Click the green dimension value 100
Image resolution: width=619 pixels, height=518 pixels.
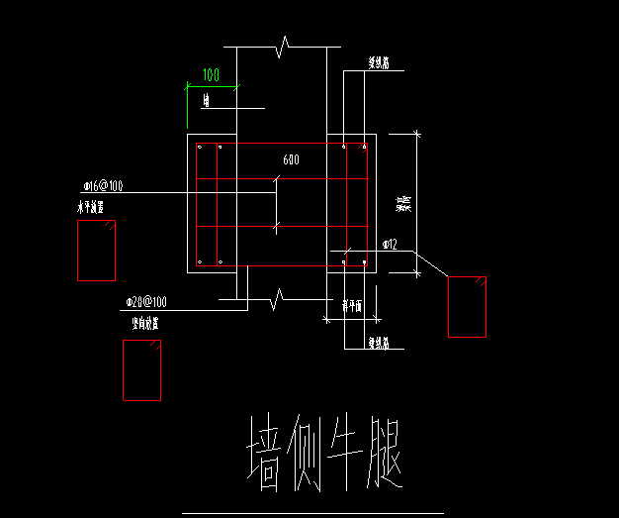pos(211,75)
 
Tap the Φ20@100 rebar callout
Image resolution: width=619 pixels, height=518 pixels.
pos(145,301)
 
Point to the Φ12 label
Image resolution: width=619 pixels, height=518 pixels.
pos(390,244)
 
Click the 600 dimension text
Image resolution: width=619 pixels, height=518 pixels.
pos(291,159)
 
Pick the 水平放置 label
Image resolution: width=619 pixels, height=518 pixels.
pos(91,208)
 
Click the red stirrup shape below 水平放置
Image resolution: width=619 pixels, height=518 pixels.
pos(96,251)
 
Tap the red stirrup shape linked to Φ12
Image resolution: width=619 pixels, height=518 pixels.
pos(467,307)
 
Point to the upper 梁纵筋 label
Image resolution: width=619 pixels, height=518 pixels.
pos(379,63)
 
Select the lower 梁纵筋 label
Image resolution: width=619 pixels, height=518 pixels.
pos(379,343)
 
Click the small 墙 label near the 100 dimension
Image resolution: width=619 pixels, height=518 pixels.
pos(206,100)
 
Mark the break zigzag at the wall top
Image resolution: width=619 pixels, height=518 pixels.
pos(284,46)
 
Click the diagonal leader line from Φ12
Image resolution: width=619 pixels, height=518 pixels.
pos(431,263)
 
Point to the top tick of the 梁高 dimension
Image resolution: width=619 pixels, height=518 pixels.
pos(416,133)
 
